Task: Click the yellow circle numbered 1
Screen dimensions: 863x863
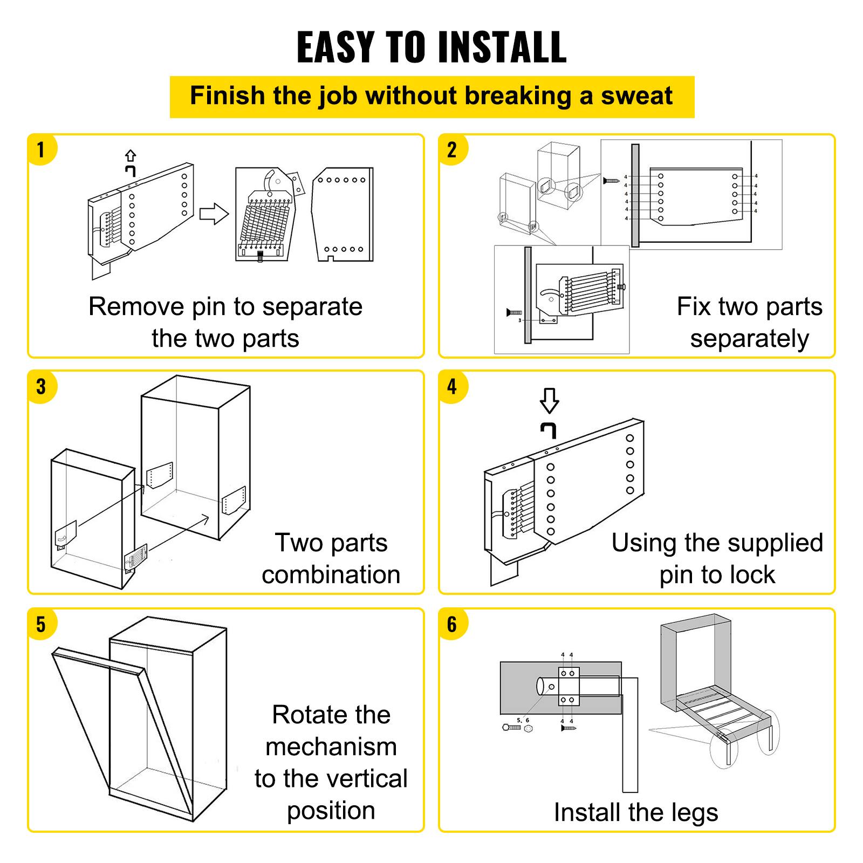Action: pos(42,149)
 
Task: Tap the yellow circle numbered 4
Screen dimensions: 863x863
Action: pos(452,386)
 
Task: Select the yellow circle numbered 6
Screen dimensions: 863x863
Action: pos(452,624)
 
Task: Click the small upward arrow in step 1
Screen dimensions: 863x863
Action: pos(130,156)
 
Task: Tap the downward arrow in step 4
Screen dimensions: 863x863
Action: pos(549,401)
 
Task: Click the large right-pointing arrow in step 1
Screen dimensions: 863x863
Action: pos(214,214)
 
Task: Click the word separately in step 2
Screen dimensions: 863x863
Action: pos(749,339)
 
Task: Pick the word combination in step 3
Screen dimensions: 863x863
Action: pos(331,574)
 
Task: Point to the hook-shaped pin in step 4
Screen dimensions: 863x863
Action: pos(549,430)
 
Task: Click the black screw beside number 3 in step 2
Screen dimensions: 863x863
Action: pos(514,312)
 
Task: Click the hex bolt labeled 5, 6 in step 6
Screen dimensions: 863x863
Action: pos(511,728)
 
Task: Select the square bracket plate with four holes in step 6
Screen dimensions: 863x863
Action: pos(568,686)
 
